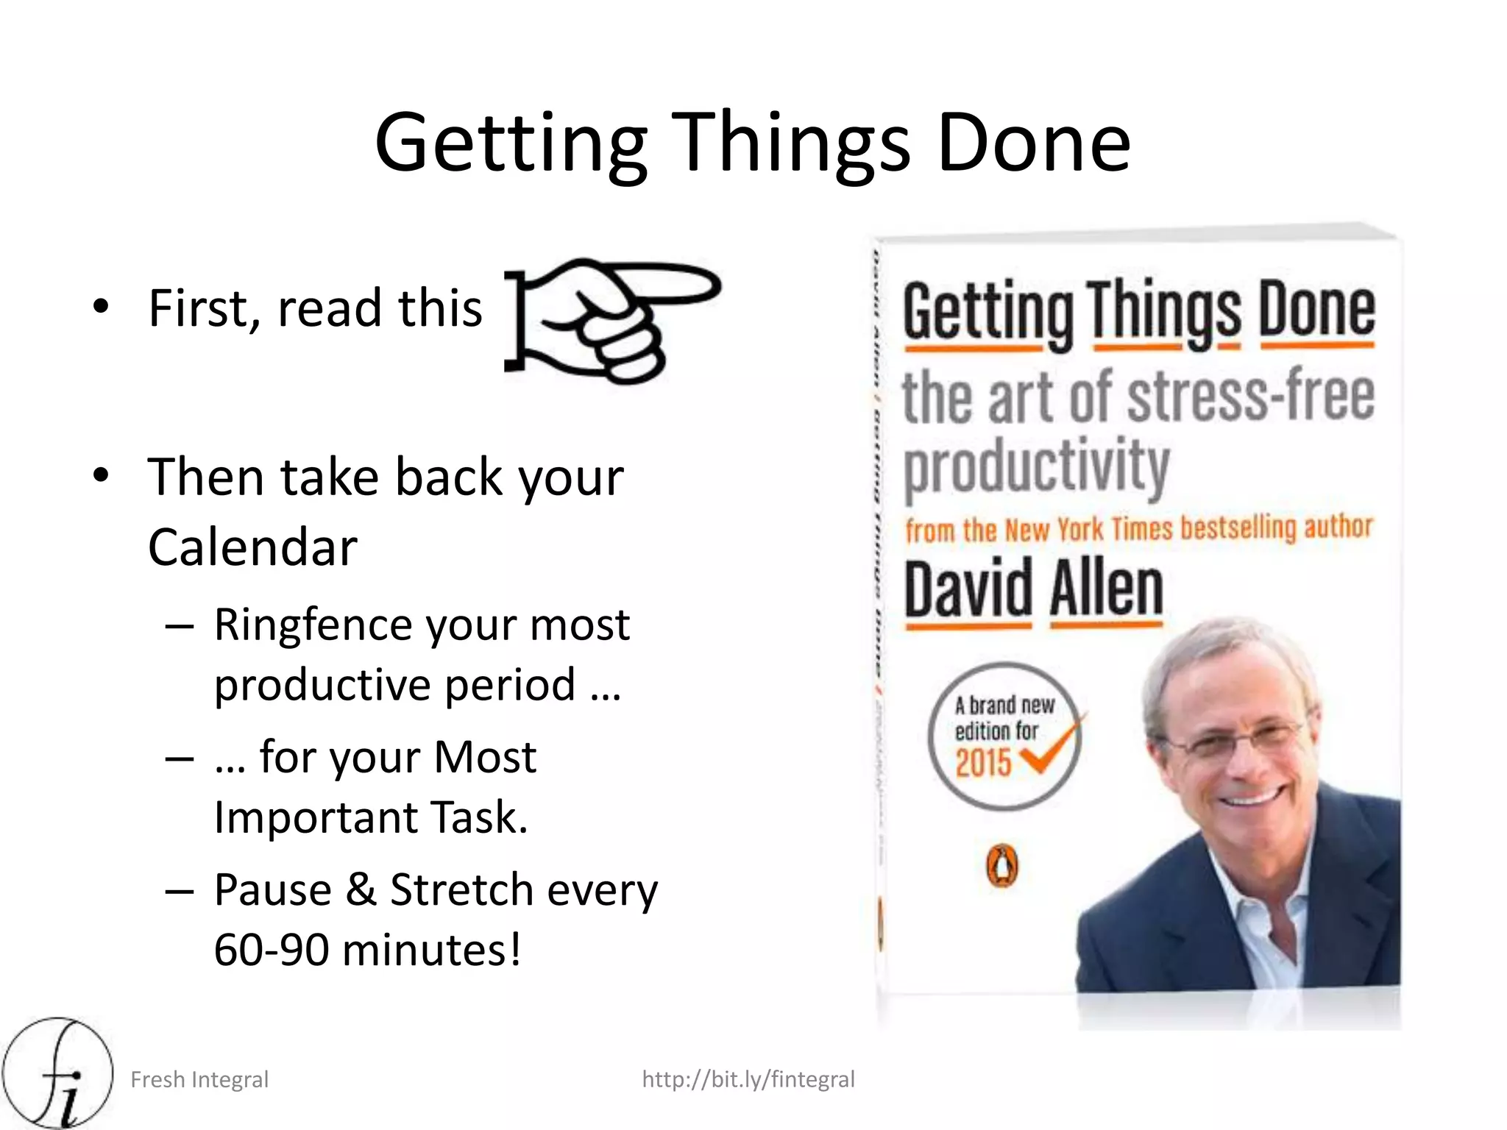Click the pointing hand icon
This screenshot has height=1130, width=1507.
[x=611, y=320]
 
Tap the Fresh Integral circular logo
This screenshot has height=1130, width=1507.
[x=57, y=1073]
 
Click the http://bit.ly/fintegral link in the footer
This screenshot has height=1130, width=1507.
[x=748, y=1079]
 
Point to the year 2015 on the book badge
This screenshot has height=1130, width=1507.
[x=983, y=762]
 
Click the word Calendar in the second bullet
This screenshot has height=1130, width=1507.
[x=252, y=547]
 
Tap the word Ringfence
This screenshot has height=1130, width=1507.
[x=313, y=625]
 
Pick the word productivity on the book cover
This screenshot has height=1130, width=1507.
[x=1036, y=466]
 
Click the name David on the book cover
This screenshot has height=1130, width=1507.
[x=968, y=589]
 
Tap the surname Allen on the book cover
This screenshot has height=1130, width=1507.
[x=1106, y=589]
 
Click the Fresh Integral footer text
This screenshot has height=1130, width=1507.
[x=199, y=1079]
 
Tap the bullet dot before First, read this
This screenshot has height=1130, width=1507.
[x=101, y=306]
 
